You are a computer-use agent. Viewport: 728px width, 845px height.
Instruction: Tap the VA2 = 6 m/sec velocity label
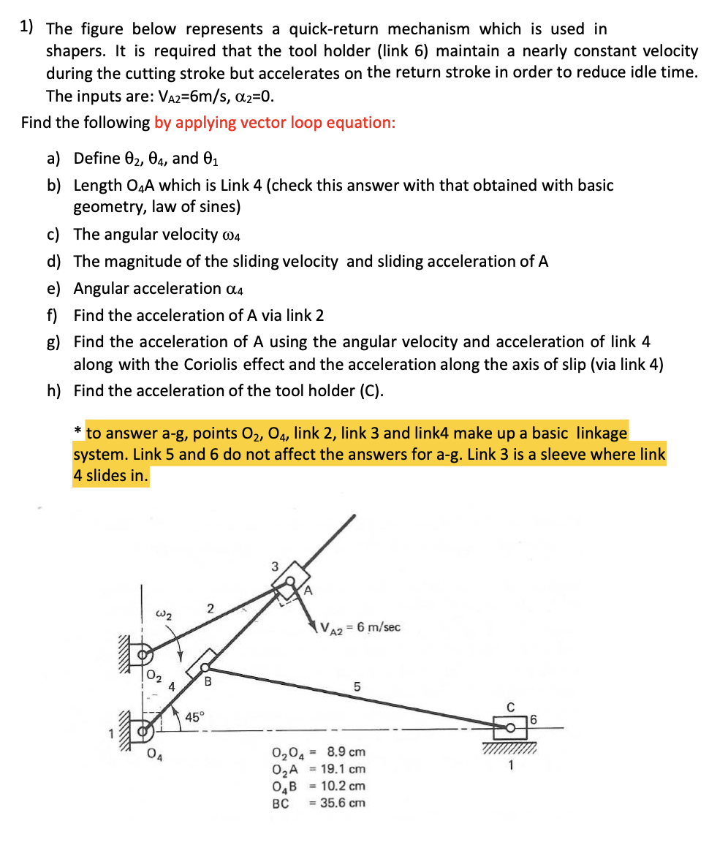click(x=360, y=627)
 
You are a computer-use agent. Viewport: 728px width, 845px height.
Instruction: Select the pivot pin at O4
click(x=146, y=728)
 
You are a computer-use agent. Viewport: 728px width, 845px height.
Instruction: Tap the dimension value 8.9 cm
click(x=346, y=751)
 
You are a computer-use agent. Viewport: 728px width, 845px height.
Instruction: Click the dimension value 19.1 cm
click(x=346, y=769)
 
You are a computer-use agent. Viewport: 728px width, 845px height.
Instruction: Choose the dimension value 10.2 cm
click(x=346, y=786)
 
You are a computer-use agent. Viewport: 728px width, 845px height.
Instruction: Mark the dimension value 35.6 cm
click(x=346, y=803)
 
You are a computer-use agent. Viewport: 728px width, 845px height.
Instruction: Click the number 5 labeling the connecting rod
click(x=357, y=687)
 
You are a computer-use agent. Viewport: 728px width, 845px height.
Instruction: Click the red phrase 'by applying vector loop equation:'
click(x=275, y=122)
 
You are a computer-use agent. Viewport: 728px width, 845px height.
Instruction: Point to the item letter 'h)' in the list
click(x=54, y=390)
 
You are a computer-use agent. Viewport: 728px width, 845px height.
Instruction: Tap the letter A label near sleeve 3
click(x=308, y=589)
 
